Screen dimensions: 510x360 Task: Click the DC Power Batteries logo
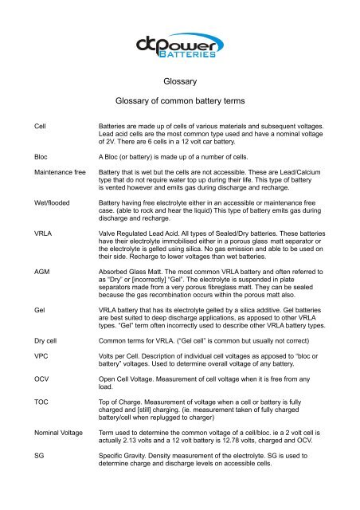click(181, 45)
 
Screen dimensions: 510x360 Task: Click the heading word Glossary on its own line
click(180, 81)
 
